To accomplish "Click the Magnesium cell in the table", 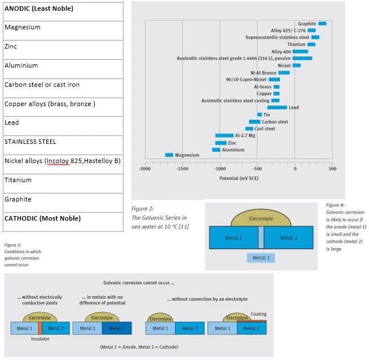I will click(62, 28).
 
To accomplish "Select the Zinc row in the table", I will click(62, 47).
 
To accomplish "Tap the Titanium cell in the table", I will click(62, 180).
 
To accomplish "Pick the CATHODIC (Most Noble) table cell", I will click(62, 218).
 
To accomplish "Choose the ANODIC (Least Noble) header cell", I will click(62, 9).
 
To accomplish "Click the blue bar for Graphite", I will click(322, 24).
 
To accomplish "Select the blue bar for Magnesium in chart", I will click(169, 155).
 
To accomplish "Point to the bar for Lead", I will click(276, 107).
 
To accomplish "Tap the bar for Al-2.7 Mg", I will click(224, 135).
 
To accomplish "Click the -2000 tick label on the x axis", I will click(145, 169).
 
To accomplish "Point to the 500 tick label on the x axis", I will click(332, 169).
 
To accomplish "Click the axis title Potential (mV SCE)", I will click(238, 178).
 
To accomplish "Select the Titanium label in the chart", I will click(296, 45).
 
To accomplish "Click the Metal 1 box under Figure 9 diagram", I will click(261, 258).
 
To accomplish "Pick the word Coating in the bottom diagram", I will click(258, 314).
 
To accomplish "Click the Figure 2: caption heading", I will click(142, 208).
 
